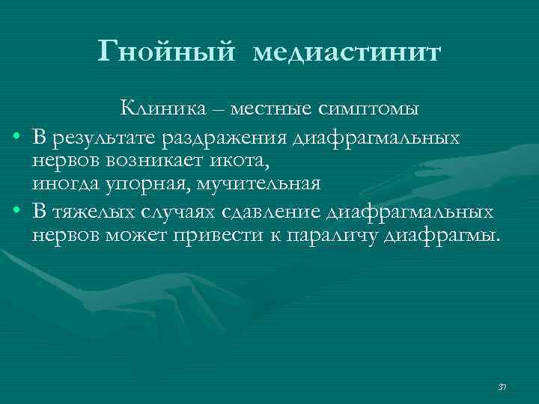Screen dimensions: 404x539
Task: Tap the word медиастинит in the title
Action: tap(347, 52)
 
